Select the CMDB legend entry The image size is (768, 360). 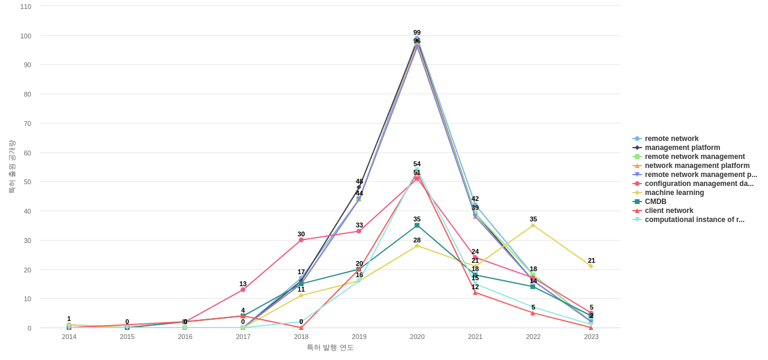pos(655,202)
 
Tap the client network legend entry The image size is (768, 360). pos(668,211)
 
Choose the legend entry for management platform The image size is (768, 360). pos(682,148)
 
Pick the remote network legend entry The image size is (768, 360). pos(671,139)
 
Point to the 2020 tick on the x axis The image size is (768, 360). pos(417,337)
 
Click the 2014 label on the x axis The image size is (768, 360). pos(69,337)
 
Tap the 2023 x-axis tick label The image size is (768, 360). pos(591,337)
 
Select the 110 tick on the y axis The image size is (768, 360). pos(26,7)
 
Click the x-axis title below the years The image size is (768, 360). pos(330,347)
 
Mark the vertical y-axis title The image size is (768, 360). pos(11,167)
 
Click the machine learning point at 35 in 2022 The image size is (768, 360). pos(533,226)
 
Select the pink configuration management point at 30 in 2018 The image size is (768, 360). pos(301,240)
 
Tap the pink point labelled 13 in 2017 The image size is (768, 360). pos(243,290)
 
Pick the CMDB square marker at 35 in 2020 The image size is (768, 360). pos(417,226)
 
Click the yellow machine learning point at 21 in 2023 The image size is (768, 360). pos(591,266)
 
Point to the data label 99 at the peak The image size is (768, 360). pos(417,32)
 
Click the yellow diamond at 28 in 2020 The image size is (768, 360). pos(417,246)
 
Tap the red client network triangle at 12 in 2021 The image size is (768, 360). pos(475,293)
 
